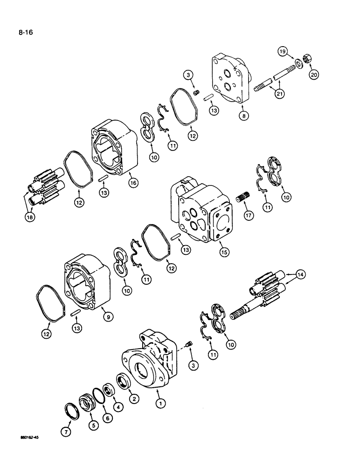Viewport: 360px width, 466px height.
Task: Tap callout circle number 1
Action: click(160, 404)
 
